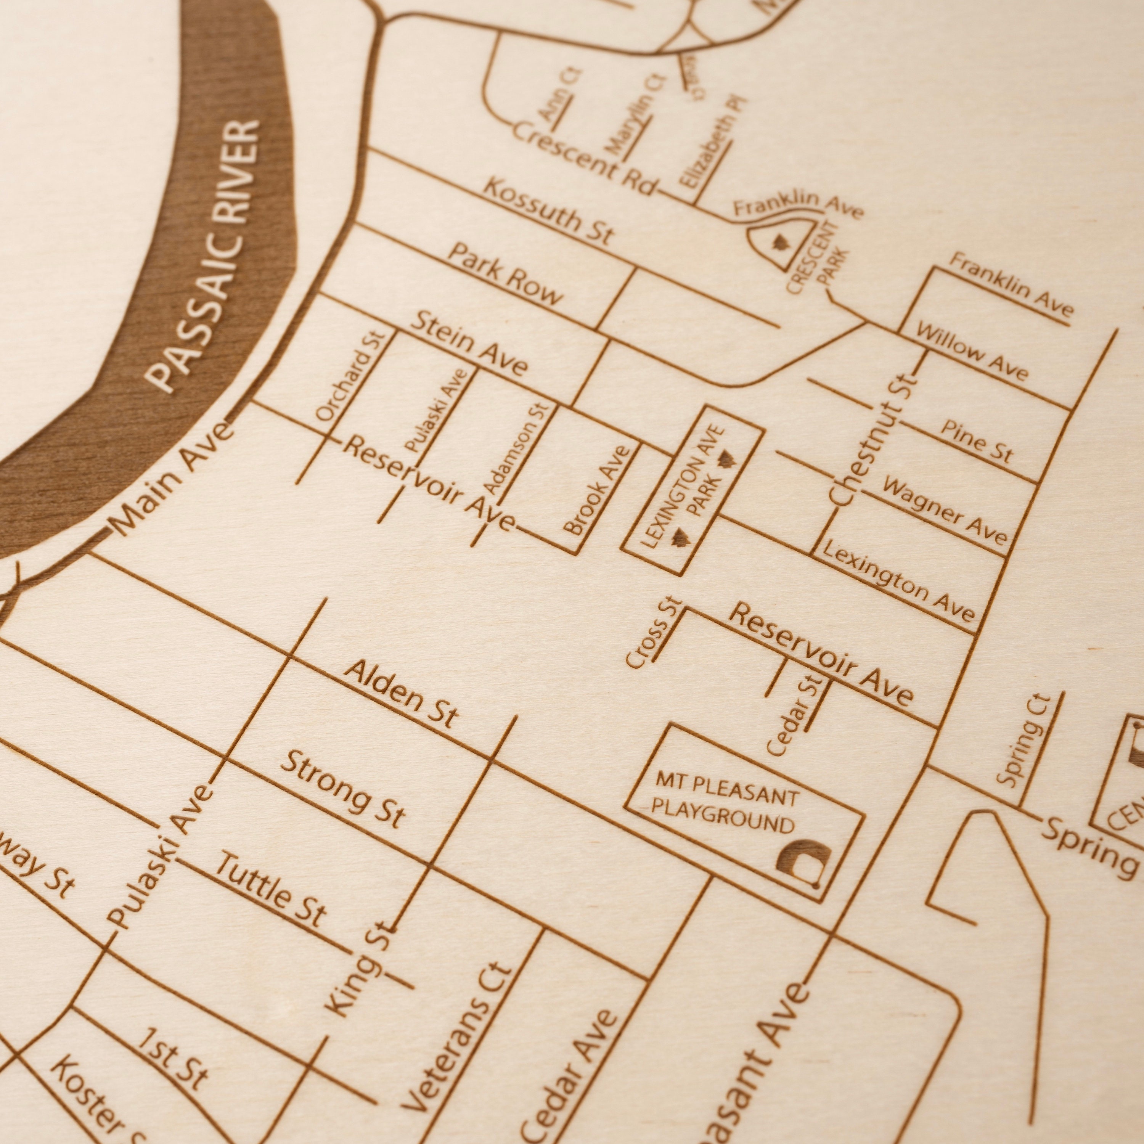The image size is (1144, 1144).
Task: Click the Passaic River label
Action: [204, 255]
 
